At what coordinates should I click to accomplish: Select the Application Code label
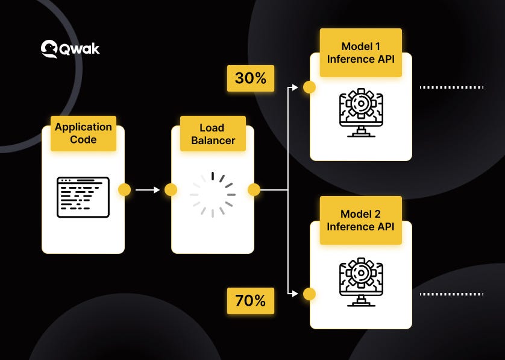click(83, 133)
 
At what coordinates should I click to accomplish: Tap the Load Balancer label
click(213, 134)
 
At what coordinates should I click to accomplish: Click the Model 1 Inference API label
click(360, 52)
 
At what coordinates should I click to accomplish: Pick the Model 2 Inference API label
click(360, 220)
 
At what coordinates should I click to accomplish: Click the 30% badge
click(250, 79)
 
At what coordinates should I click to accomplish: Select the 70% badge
click(250, 300)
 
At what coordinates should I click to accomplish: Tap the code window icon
click(83, 197)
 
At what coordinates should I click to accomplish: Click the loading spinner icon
click(212, 195)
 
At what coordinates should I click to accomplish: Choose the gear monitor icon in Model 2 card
click(360, 282)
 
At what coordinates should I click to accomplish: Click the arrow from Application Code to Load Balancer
click(147, 190)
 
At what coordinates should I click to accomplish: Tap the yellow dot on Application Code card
click(124, 190)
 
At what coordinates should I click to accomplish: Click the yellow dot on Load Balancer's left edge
click(171, 190)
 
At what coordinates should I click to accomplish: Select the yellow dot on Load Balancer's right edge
click(254, 190)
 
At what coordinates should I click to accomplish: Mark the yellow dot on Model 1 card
click(309, 87)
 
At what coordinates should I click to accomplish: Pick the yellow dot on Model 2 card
click(309, 294)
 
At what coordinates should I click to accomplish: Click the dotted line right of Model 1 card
click(451, 87)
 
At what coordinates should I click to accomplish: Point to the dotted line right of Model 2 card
click(451, 294)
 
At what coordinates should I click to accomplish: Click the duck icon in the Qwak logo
click(49, 49)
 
